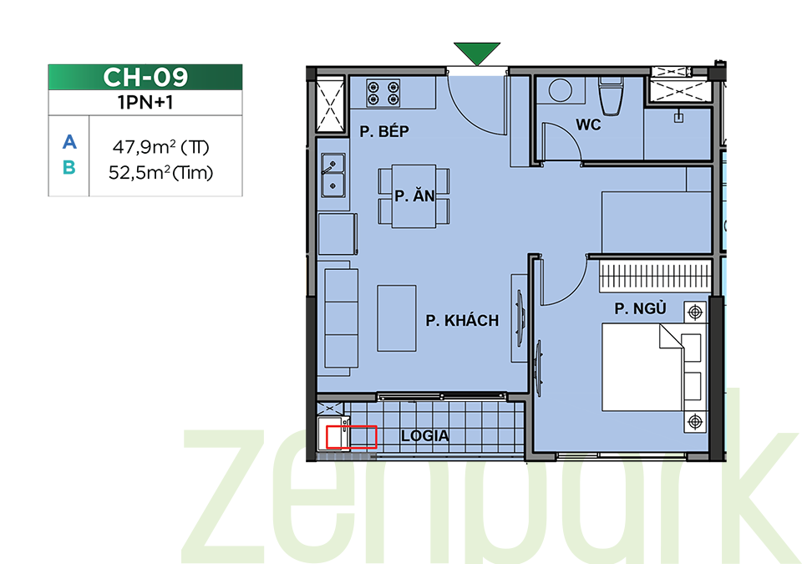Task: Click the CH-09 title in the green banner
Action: (x=145, y=77)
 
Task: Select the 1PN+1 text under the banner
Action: (x=145, y=103)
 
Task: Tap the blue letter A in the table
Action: (x=69, y=142)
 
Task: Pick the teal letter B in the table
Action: (x=69, y=167)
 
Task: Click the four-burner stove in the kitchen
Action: (x=383, y=93)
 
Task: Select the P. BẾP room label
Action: (x=384, y=131)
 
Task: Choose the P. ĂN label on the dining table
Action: (x=415, y=196)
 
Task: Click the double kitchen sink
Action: (x=333, y=175)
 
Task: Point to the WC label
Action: (x=588, y=124)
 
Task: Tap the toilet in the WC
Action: (x=611, y=96)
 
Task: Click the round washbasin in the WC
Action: (x=561, y=90)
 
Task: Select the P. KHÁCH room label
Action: (x=462, y=321)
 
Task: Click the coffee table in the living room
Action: (x=396, y=318)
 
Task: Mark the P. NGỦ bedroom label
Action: (x=641, y=308)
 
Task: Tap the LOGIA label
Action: (x=425, y=436)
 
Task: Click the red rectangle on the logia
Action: (x=352, y=437)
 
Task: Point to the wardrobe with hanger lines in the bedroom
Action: (x=655, y=276)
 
